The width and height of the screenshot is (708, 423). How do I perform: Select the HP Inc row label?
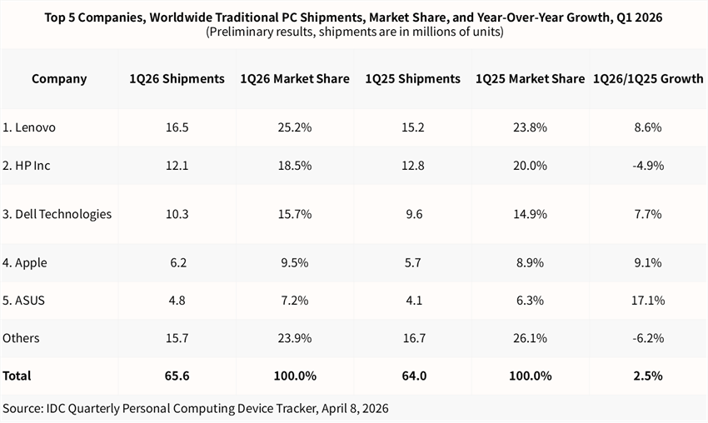click(x=27, y=166)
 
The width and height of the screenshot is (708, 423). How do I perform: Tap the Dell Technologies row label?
click(x=57, y=214)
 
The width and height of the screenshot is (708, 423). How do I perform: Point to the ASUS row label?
click(x=24, y=301)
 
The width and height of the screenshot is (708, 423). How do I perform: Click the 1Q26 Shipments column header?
click(x=177, y=79)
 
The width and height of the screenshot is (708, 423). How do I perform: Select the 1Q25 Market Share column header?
click(x=530, y=79)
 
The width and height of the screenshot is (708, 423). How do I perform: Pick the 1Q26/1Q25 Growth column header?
click(x=647, y=79)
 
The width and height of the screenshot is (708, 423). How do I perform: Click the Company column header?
click(x=59, y=79)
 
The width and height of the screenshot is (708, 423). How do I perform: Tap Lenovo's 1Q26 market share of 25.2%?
click(x=295, y=127)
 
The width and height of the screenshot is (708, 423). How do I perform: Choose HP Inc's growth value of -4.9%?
click(x=647, y=166)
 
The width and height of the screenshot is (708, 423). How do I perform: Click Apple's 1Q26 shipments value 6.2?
click(x=177, y=262)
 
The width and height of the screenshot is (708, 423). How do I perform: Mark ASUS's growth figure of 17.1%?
click(x=647, y=301)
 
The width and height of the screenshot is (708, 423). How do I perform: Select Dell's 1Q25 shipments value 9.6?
click(x=413, y=214)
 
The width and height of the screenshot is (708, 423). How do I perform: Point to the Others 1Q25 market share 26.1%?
click(x=530, y=338)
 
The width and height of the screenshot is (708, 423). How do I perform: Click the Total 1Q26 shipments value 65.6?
click(x=177, y=376)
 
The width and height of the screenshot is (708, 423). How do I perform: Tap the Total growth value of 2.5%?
click(x=647, y=376)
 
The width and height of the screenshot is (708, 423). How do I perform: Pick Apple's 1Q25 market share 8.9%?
click(x=530, y=262)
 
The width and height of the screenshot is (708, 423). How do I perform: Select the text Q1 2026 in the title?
click(x=642, y=17)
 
